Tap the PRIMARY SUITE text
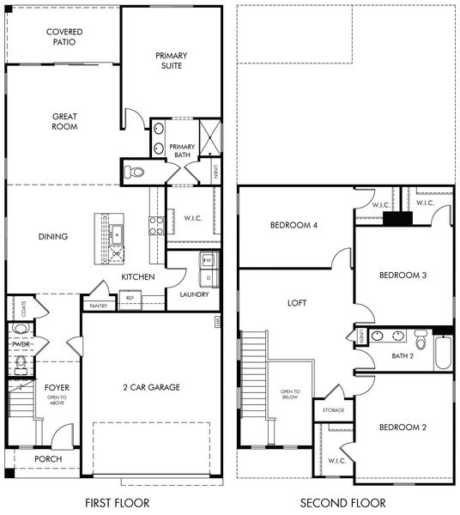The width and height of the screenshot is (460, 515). click(x=170, y=60)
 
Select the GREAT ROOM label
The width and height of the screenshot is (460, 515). click(x=65, y=121)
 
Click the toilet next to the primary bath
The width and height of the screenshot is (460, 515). click(x=135, y=173)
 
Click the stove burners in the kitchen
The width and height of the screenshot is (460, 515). click(x=157, y=226)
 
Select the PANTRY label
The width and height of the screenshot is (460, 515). click(x=97, y=305)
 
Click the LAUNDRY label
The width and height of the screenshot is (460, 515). click(x=194, y=294)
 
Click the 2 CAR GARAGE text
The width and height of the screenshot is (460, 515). click(x=151, y=387)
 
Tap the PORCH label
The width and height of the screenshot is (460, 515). click(x=47, y=459)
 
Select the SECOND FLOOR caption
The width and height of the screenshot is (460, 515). click(x=343, y=502)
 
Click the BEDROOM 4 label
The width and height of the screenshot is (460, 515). click(x=294, y=225)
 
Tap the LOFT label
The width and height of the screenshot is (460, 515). click(x=297, y=303)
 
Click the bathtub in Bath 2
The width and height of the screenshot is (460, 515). click(x=443, y=352)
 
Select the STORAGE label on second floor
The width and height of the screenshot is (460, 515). click(x=334, y=410)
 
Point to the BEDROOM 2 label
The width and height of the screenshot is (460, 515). click(x=402, y=427)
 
